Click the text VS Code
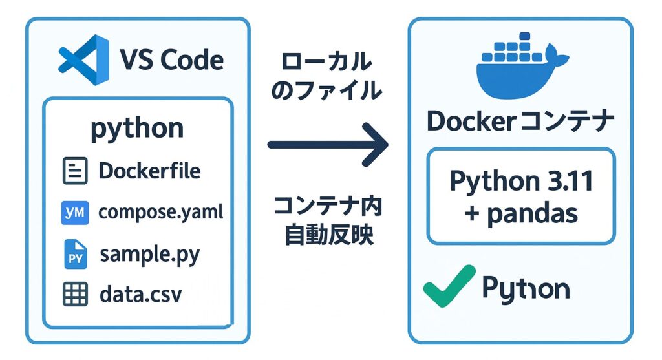[x=172, y=61]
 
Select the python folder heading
[x=137, y=129]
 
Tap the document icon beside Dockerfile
[x=75, y=171]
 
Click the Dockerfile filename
[x=149, y=171]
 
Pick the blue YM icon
[x=75, y=212]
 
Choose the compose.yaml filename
[x=160, y=212]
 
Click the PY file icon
[x=75, y=254]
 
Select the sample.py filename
[x=150, y=254]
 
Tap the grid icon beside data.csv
[x=75, y=295]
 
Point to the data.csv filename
[x=141, y=295]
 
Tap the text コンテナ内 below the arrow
[x=328, y=206]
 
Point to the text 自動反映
[x=329, y=235]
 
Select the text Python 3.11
[x=521, y=182]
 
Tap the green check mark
[x=449, y=286]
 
